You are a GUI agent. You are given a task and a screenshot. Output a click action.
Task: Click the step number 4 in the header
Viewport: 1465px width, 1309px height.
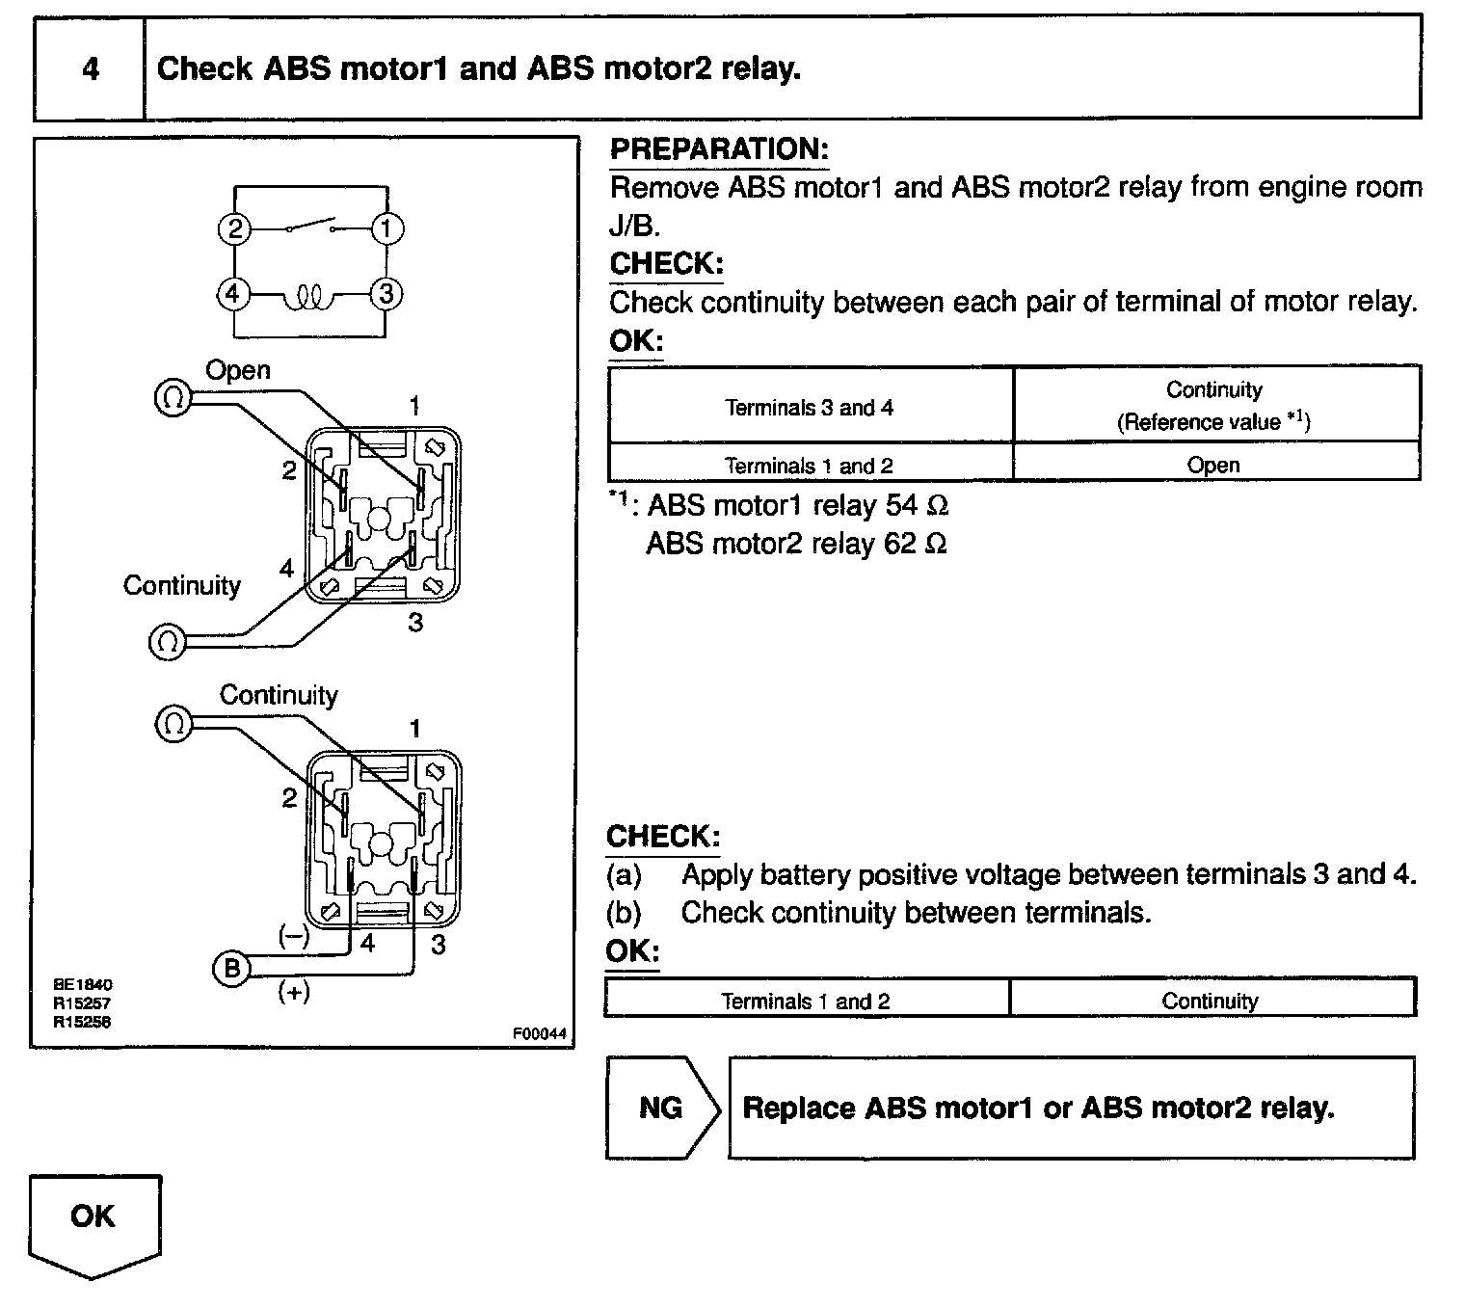(x=90, y=69)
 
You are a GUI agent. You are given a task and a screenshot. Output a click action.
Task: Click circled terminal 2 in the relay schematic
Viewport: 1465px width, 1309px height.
(x=234, y=229)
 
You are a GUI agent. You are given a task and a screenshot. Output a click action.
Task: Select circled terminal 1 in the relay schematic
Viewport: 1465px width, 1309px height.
(x=387, y=229)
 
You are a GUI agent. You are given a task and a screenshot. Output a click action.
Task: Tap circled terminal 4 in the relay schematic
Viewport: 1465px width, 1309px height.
(x=234, y=293)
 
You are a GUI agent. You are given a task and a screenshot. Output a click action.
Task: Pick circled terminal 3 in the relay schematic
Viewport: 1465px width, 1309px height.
(x=387, y=293)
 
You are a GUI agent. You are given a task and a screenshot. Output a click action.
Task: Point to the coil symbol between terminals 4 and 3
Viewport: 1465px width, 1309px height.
(x=309, y=297)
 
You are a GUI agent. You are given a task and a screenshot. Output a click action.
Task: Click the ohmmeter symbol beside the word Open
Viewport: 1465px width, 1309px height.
(x=173, y=398)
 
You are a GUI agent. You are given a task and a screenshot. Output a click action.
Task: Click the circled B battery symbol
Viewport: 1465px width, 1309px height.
(x=231, y=968)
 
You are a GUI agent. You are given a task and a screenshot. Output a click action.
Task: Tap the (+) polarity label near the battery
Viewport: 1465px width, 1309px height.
(x=293, y=992)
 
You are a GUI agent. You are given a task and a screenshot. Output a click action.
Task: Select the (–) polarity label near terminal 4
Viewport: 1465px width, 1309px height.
(x=293, y=936)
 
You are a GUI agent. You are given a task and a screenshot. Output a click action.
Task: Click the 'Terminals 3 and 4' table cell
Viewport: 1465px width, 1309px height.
(x=810, y=408)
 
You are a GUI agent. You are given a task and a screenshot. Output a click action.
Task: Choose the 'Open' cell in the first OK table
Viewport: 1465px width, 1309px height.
(x=1213, y=465)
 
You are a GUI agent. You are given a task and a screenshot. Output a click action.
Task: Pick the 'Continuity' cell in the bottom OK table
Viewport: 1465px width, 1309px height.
(x=1210, y=1001)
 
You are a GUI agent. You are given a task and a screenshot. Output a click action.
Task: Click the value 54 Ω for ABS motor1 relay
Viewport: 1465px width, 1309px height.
(x=917, y=505)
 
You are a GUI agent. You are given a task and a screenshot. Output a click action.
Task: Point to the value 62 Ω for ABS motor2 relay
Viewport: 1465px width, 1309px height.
(x=915, y=544)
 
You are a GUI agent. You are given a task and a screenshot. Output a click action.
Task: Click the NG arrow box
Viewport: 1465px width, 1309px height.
(x=662, y=1108)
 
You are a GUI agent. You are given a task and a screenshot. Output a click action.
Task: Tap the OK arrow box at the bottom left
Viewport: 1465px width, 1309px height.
(x=93, y=1222)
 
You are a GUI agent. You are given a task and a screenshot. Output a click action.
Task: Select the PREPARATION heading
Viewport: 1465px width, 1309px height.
(x=719, y=149)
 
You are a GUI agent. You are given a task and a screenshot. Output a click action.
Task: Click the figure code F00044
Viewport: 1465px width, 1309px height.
(x=539, y=1034)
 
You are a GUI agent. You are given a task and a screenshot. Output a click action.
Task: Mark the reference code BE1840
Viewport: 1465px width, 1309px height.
(x=83, y=984)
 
